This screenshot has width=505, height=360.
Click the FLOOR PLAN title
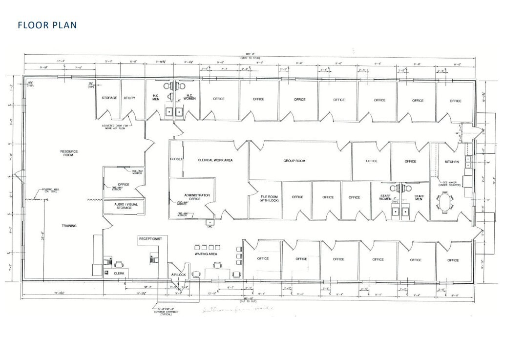47,25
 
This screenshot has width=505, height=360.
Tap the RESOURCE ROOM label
69,153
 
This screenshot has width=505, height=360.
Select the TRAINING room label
69,226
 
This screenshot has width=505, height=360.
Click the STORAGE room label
109,98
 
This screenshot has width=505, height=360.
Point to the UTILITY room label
129,98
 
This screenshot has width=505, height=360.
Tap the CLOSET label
176,160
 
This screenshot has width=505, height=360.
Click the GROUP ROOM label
294,161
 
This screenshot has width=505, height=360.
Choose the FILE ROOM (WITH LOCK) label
269,198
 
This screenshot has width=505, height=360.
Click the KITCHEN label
452,162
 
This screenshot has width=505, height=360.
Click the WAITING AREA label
206,254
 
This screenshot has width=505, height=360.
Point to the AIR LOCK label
178,275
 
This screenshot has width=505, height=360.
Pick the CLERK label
119,274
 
